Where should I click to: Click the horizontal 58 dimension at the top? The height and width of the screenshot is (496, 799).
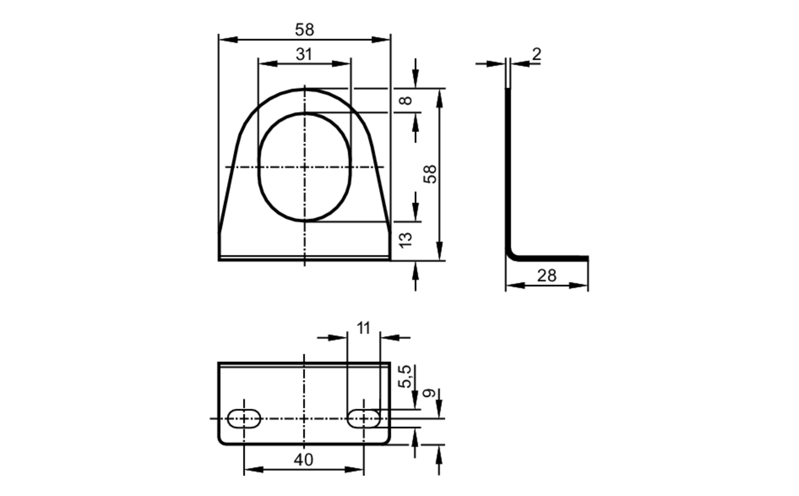pos(304,30)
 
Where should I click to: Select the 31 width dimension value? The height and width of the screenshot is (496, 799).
pos(304,54)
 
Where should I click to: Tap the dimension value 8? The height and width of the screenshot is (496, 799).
pos(406,100)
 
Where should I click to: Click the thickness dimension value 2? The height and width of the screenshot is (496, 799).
pos(537,54)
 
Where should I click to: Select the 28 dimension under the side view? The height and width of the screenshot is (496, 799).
pos(547,276)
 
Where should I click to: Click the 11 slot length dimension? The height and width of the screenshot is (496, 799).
pos(363,328)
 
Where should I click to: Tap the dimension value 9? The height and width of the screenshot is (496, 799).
pos(429,393)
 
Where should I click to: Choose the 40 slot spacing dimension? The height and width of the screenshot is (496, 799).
pos(303,460)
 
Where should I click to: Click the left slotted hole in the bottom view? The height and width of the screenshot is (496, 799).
pos(244,418)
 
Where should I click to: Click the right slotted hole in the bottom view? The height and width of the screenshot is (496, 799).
pos(364,418)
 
